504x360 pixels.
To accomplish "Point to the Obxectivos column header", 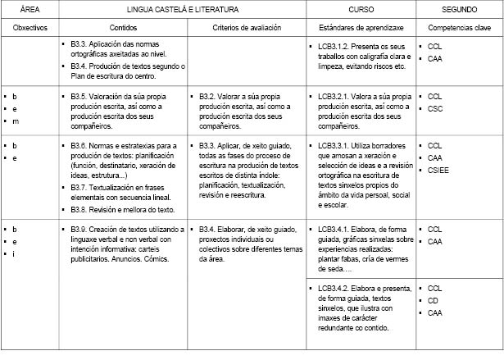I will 30,26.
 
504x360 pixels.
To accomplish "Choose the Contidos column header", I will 123,26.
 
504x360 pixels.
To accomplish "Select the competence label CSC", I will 435,109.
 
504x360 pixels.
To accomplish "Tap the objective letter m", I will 15,121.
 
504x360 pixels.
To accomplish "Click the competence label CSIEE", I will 438,171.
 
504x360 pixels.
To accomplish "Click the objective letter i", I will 14,253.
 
